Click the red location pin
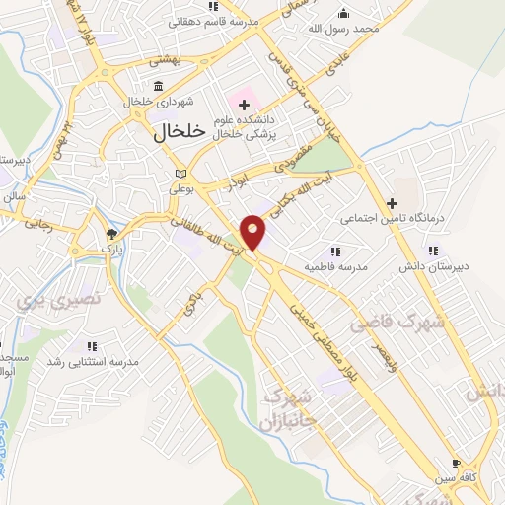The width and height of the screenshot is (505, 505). [x=253, y=233]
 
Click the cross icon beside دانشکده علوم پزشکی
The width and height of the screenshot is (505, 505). [x=243, y=104]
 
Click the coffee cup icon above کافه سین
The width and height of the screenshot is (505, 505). [x=456, y=463]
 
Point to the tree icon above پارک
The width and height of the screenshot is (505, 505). [x=111, y=235]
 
